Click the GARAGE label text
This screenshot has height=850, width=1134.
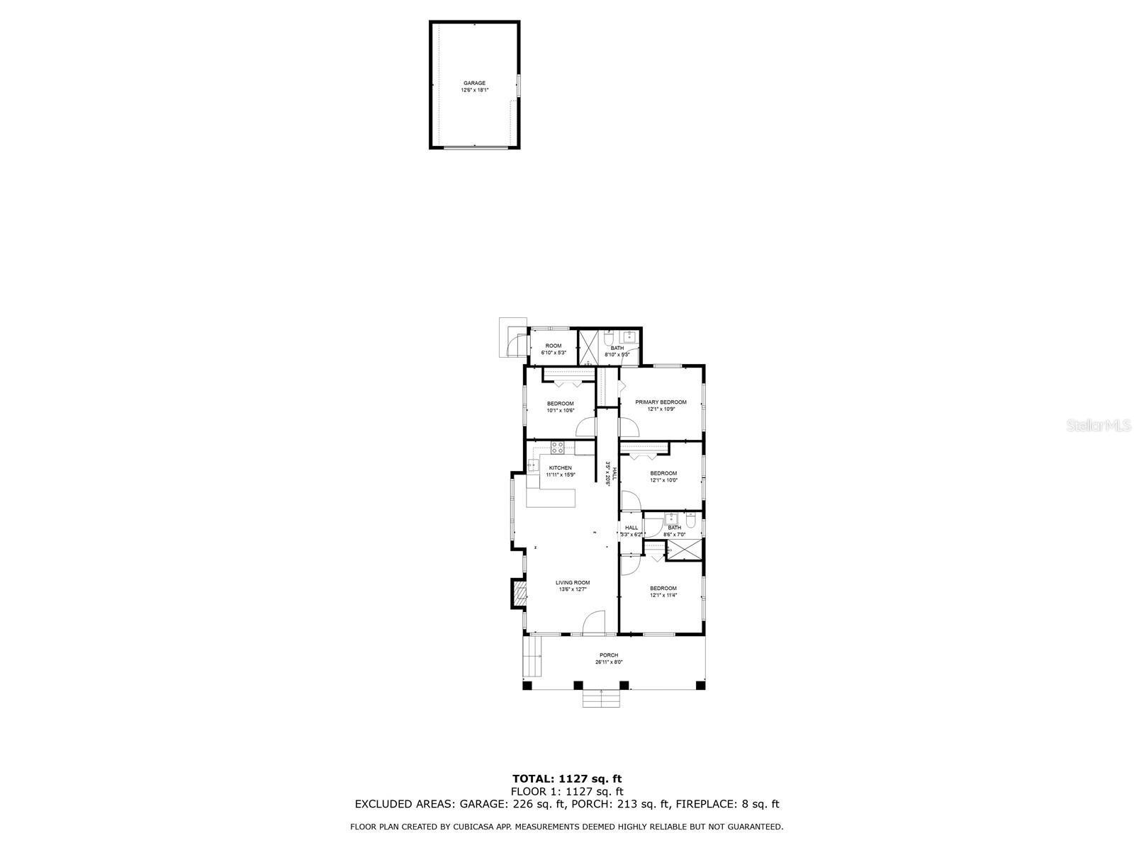coord(474,83)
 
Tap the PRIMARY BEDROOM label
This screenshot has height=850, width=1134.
coord(661,402)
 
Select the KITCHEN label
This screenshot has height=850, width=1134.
coord(560,467)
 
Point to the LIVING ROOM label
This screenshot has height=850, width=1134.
coord(573,583)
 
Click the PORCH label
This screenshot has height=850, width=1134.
coord(609,655)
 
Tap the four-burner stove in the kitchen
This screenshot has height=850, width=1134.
coord(558,447)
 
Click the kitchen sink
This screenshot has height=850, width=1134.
coord(532,465)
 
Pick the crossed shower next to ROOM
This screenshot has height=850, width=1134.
coord(588,347)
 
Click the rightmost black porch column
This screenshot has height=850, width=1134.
coord(701,685)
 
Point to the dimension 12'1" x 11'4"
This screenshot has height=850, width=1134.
coord(663,595)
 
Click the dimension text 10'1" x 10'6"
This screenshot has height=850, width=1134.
coord(560,410)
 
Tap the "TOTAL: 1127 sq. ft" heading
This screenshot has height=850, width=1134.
coord(567,779)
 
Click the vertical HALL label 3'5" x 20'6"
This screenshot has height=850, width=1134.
coord(607,472)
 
